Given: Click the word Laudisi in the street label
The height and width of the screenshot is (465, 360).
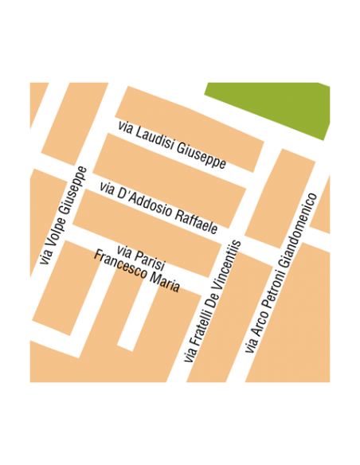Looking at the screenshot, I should pos(155,139).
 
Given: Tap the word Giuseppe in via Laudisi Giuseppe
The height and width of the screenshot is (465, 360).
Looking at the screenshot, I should pos(202,154).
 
